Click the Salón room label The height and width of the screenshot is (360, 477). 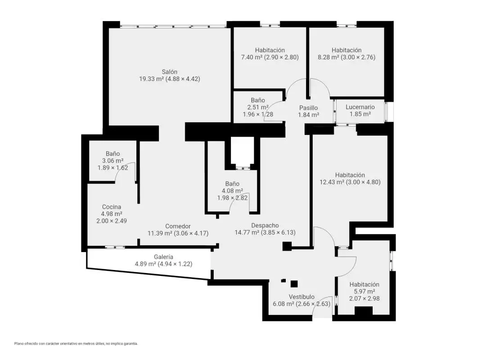point(170,72)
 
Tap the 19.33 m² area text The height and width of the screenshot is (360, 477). point(152,79)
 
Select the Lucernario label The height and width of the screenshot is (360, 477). point(360,107)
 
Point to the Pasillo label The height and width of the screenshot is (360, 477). point(308,108)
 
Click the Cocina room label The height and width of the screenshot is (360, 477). point(112,207)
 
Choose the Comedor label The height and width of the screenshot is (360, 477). point(178,226)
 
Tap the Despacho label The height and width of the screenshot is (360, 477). point(265,225)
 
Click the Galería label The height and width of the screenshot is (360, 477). point(163,257)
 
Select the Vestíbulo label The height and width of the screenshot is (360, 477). point(301,297)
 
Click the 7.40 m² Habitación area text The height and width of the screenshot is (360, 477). point(252,57)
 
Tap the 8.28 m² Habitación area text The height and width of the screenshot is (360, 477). point(328,57)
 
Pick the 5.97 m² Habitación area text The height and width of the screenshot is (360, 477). point(364,292)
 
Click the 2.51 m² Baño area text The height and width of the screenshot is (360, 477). point(258,107)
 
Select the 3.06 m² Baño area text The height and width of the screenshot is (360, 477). point(112,161)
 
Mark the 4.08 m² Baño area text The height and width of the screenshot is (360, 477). point(232,191)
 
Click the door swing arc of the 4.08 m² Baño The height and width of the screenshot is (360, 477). point(237,198)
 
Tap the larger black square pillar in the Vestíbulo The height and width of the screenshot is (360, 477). point(294,284)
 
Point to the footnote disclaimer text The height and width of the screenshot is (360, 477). point(76,343)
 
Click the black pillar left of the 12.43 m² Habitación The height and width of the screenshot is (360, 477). point(287,246)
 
